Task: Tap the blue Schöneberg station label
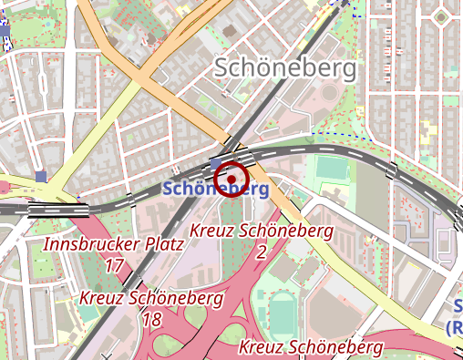(x=215, y=190)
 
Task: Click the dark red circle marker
(x=233, y=177)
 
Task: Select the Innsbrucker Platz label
(x=114, y=244)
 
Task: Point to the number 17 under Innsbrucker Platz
(x=114, y=265)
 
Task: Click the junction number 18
(x=151, y=319)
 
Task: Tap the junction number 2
(x=261, y=251)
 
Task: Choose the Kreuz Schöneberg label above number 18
(x=151, y=298)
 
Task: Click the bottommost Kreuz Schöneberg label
(x=311, y=346)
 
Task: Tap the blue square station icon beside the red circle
(x=216, y=163)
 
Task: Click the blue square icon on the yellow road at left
(x=41, y=176)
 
